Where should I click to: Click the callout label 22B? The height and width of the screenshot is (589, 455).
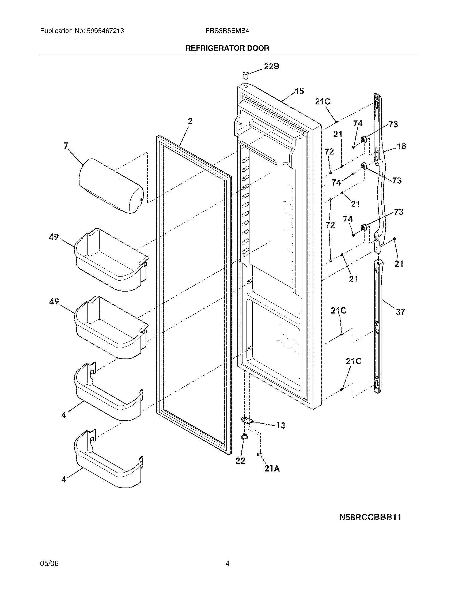[271, 66]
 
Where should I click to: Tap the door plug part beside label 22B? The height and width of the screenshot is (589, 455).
[245, 75]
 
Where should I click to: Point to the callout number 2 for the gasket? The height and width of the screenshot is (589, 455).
[190, 121]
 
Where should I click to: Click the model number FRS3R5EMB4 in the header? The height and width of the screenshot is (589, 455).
[227, 31]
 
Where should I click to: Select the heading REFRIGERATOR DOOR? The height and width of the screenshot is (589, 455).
[227, 48]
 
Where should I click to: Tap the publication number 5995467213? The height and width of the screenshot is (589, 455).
[105, 31]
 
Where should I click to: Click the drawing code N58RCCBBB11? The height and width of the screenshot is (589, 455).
[370, 517]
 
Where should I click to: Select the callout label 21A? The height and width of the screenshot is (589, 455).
[272, 469]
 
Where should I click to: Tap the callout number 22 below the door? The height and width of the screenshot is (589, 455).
[240, 461]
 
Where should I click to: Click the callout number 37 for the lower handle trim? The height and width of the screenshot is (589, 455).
[400, 312]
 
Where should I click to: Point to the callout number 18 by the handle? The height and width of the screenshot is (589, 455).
[401, 146]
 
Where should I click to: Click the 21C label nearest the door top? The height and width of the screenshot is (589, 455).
[323, 102]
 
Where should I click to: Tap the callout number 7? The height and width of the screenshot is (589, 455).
[66, 146]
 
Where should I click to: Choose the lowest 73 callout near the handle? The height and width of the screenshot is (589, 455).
[399, 212]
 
